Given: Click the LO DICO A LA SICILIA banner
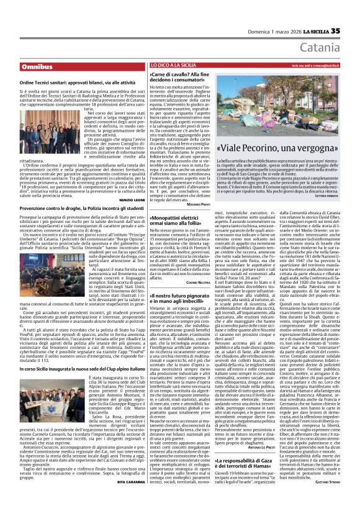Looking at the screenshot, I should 174,65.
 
